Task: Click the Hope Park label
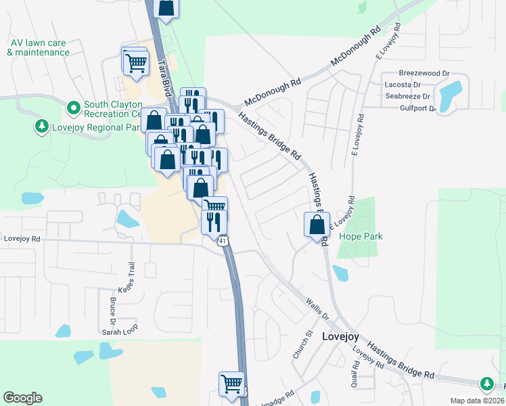click(x=361, y=236)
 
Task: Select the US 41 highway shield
click(x=223, y=241)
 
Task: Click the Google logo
click(x=23, y=398)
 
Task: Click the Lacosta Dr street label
click(x=402, y=85)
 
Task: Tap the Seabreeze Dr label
click(x=409, y=96)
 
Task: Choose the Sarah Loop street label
click(x=119, y=332)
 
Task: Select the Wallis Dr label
click(x=315, y=307)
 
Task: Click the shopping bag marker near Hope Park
click(x=317, y=225)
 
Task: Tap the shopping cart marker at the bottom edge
click(x=231, y=384)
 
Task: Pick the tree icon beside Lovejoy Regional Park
click(x=42, y=127)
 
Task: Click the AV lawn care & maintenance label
click(x=39, y=47)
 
